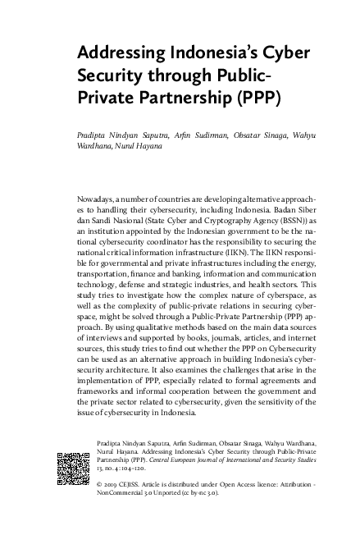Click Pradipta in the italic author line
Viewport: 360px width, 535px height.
point(96,135)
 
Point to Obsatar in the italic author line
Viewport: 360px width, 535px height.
point(244,135)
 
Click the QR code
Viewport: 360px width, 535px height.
point(72,468)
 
